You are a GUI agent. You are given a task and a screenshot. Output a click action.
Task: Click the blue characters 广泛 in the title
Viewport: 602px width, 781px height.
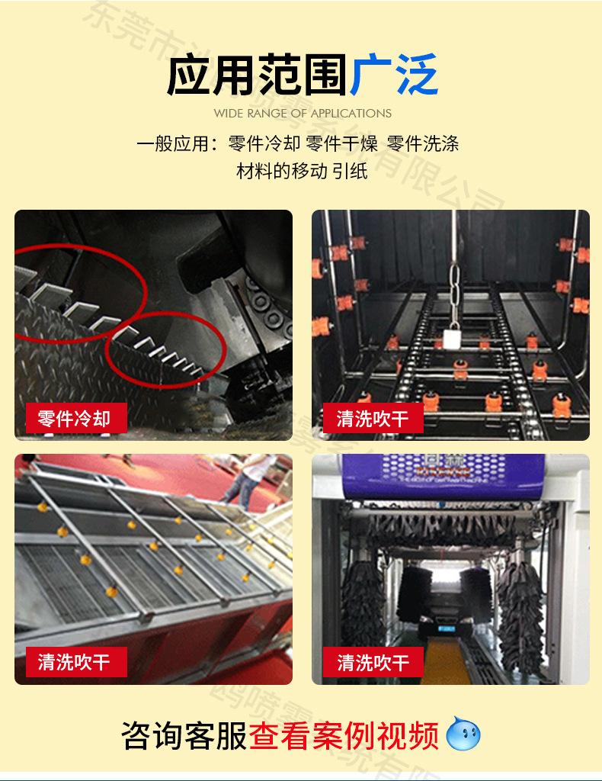point(394,76)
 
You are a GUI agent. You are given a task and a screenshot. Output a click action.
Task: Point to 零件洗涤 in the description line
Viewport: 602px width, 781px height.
point(423,143)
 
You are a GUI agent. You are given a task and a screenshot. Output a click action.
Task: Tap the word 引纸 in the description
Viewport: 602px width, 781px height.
point(350,170)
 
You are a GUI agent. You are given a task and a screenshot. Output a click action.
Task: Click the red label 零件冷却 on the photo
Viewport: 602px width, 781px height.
point(74,418)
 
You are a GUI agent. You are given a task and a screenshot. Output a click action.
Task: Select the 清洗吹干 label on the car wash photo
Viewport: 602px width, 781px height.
point(373,661)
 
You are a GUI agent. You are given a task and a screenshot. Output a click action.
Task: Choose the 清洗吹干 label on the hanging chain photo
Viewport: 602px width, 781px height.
point(373,418)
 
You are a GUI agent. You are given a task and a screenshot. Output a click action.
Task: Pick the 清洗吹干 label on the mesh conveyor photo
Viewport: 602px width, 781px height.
point(74,661)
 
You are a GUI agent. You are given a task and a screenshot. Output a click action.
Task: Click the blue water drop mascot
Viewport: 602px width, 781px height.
point(464,734)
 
